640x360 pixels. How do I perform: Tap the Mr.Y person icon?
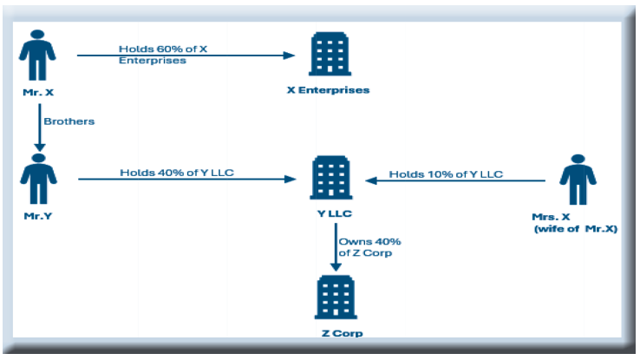coord(37,180)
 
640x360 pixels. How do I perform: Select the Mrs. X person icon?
coord(577,180)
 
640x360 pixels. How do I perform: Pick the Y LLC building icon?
coord(328,180)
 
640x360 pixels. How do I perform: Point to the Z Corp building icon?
coord(334,298)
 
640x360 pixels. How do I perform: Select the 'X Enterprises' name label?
coord(328,90)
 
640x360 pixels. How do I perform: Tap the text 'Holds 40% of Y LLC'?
coord(177,173)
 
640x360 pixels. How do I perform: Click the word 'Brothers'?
coord(69,122)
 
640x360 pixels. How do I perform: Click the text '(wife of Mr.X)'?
coord(574,229)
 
